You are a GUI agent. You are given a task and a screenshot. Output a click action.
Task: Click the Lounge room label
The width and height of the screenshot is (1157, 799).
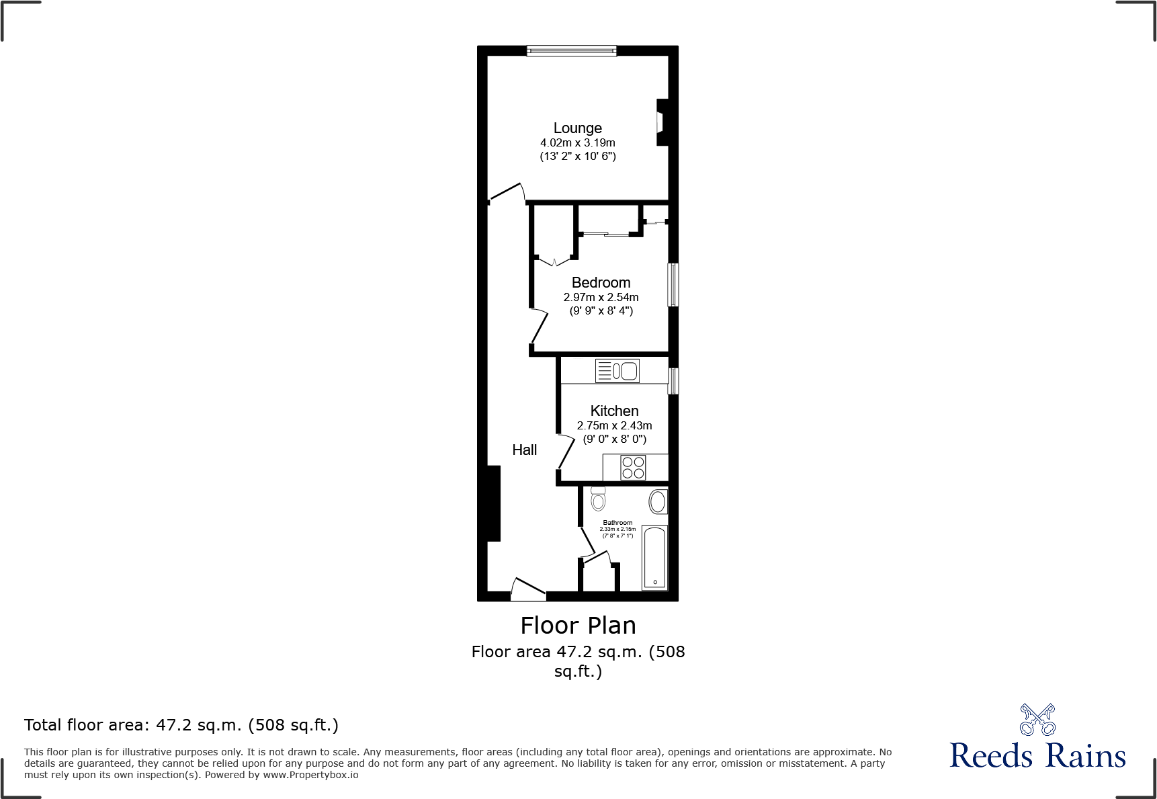(577, 128)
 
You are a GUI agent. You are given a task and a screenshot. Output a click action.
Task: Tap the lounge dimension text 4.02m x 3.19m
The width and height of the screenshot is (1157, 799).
(577, 142)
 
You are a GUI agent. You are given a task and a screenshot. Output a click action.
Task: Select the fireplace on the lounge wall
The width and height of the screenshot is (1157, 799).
(662, 122)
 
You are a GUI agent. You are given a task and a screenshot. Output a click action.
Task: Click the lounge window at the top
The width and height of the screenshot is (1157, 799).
(571, 50)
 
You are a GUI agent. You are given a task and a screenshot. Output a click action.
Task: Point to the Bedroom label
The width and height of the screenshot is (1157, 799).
(601, 282)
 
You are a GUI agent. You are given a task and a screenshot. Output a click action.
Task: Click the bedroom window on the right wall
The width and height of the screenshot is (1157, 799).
(673, 285)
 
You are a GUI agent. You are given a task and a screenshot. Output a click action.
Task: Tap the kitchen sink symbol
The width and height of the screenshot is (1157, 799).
(617, 370)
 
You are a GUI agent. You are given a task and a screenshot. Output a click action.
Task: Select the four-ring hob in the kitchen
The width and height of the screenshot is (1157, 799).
(633, 467)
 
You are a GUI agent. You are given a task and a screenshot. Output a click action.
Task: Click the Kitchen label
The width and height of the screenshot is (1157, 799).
(614, 411)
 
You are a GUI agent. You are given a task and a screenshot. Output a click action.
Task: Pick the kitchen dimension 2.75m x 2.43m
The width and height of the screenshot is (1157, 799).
(614, 425)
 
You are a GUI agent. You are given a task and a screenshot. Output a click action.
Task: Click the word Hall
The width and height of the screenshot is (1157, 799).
(524, 450)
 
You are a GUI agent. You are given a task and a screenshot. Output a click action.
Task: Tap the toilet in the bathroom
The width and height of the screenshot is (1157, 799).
(598, 499)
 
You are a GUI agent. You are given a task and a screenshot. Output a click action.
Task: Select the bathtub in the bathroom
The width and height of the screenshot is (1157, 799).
(655, 558)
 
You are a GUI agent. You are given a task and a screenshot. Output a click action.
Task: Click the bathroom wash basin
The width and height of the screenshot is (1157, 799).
(658, 501)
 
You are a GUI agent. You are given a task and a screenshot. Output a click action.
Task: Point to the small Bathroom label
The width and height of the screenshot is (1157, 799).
(617, 522)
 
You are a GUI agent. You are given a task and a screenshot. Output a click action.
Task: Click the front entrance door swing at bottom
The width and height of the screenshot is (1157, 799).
(527, 589)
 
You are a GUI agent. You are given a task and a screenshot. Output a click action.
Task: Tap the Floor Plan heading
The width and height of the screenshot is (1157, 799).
(578, 625)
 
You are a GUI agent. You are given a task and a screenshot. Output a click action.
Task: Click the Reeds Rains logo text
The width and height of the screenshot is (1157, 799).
(1037, 755)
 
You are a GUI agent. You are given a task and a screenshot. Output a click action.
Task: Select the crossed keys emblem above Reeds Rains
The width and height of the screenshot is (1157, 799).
(1037, 720)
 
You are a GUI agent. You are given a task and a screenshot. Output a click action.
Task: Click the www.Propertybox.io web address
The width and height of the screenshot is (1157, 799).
(310, 775)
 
